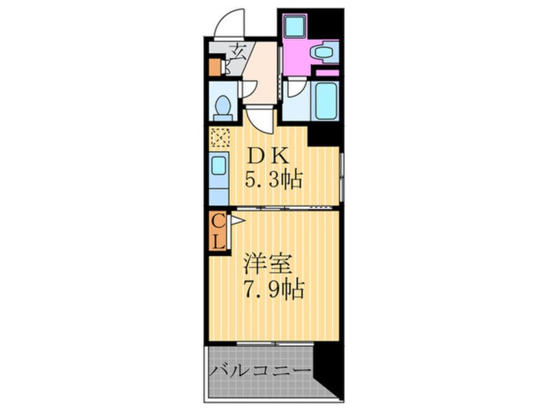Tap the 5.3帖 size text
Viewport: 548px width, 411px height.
click(273, 180)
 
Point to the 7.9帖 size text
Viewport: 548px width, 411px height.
click(272, 289)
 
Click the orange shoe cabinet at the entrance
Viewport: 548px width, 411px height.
click(216, 66)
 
